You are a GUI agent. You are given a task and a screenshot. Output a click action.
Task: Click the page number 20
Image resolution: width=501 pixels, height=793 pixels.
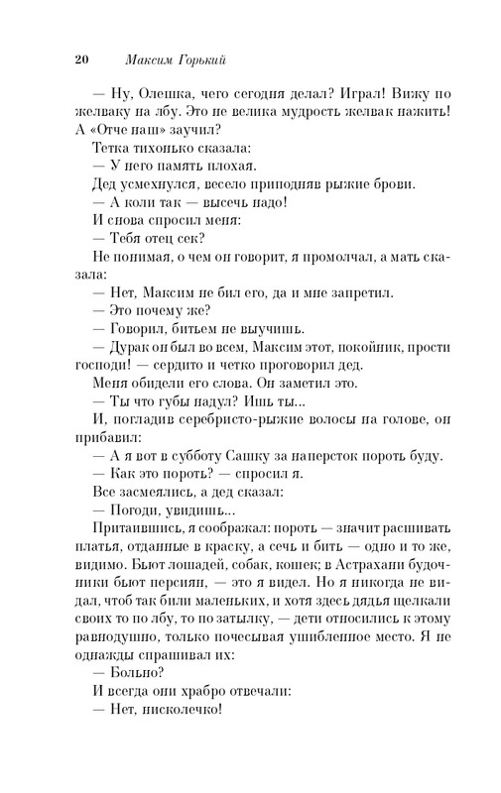click(x=82, y=58)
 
